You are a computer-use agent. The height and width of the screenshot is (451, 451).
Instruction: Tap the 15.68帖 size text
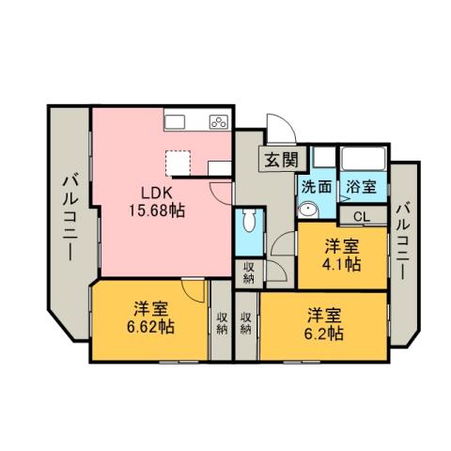click(156, 210)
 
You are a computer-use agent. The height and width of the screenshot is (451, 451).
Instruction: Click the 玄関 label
click(280, 159)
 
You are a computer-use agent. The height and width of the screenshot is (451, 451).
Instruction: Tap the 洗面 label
click(316, 186)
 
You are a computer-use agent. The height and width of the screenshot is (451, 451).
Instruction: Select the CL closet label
click(362, 216)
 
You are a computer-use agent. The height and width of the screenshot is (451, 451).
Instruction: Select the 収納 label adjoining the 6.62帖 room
click(222, 324)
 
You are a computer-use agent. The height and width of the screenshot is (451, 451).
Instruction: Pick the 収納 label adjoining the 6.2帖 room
click(245, 324)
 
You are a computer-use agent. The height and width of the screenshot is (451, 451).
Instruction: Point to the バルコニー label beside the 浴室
click(401, 239)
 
